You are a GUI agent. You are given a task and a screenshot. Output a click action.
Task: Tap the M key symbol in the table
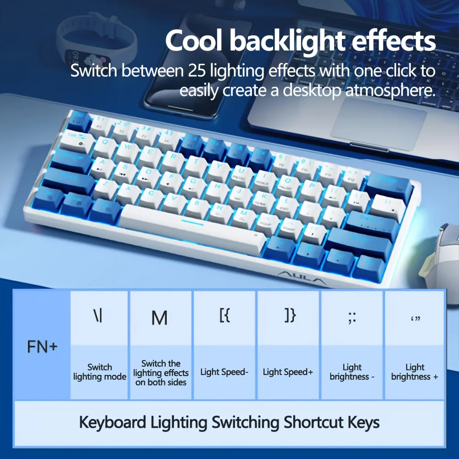tap(159, 318)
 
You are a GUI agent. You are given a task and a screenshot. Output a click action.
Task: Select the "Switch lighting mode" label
tap(100, 372)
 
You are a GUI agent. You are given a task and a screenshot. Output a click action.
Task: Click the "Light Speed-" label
tap(224, 372)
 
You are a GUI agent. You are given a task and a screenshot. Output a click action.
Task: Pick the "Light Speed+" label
tap(288, 372)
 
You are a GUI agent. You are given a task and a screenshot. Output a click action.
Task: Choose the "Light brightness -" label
tap(352, 372)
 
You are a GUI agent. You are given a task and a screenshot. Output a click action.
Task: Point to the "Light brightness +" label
tap(415, 372)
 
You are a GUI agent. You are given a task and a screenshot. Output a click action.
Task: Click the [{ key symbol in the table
tap(224, 316)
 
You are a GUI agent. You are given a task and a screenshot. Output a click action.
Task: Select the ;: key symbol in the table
tap(352, 317)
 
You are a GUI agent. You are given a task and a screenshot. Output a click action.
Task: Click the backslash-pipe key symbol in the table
tap(98, 316)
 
